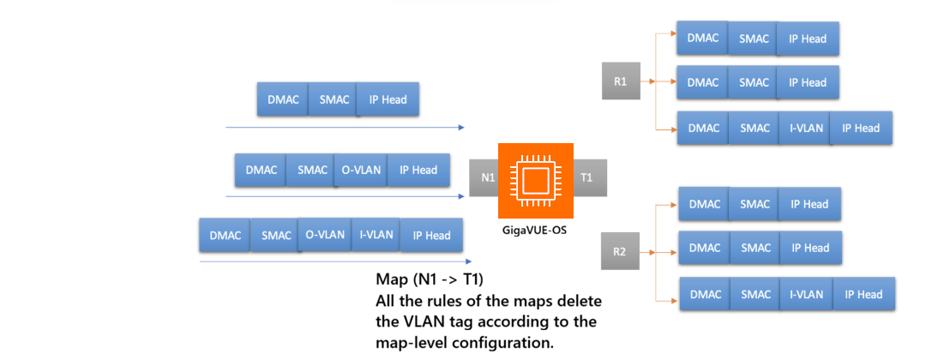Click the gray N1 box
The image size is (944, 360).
pyautogui.click(x=484, y=177)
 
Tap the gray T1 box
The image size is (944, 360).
pyautogui.click(x=586, y=177)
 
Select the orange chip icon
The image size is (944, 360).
pyautogui.click(x=535, y=180)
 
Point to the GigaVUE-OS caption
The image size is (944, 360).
pyautogui.click(x=535, y=231)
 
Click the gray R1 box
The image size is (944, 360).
pyautogui.click(x=621, y=82)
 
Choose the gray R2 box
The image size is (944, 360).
pyautogui.click(x=620, y=252)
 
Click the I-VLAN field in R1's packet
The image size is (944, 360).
pyautogui.click(x=806, y=128)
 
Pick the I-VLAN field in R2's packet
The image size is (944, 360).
pyautogui.click(x=807, y=294)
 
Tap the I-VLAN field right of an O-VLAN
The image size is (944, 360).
pyautogui.click(x=376, y=235)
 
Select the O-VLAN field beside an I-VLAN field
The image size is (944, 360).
pyautogui.click(x=325, y=235)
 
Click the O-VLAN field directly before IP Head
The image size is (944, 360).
pyautogui.click(x=359, y=170)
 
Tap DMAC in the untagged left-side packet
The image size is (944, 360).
pyautogui.click(x=283, y=99)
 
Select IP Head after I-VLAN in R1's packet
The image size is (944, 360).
pyautogui.click(x=861, y=128)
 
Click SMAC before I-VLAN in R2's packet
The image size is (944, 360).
pyautogui.click(x=756, y=294)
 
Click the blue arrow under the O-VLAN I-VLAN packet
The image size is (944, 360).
pyautogui.click(x=334, y=261)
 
